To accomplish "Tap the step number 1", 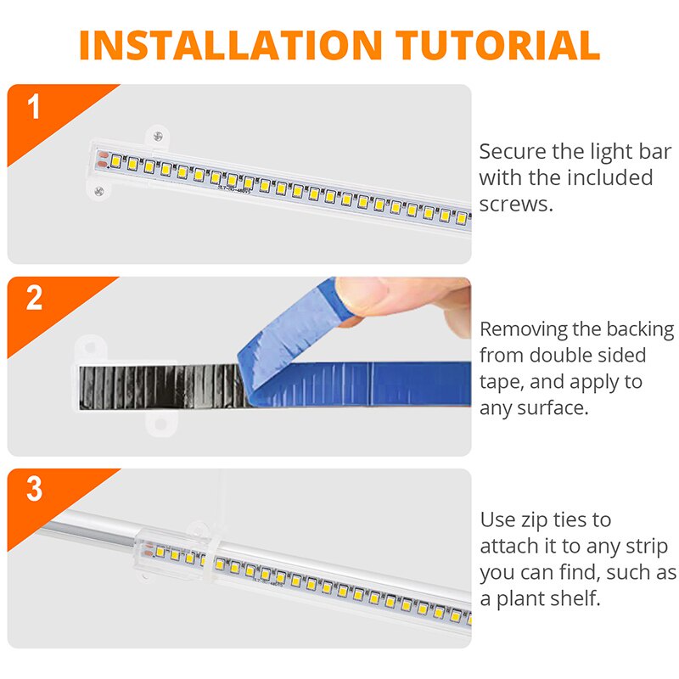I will (34, 108).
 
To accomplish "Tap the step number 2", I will (34, 299).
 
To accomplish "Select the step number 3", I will (34, 490).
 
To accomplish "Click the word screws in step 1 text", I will (516, 204).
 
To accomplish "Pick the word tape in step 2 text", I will (500, 382).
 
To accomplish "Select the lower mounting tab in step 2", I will (159, 424).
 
